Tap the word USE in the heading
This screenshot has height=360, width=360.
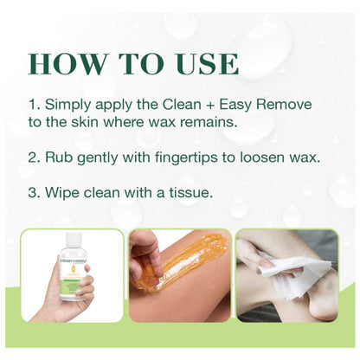pyautogui.click(x=209, y=64)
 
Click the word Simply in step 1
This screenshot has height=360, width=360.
pyautogui.click(x=68, y=105)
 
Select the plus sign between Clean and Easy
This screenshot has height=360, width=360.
pyautogui.click(x=210, y=105)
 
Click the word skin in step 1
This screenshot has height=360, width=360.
pyautogui.click(x=86, y=122)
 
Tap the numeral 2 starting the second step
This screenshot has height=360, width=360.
pyautogui.click(x=32, y=157)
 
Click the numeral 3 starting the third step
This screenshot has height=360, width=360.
pyautogui.click(x=32, y=193)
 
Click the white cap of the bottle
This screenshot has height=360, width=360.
pyautogui.click(x=74, y=240)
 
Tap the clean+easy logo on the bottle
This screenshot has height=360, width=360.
pyautogui.click(x=74, y=260)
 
